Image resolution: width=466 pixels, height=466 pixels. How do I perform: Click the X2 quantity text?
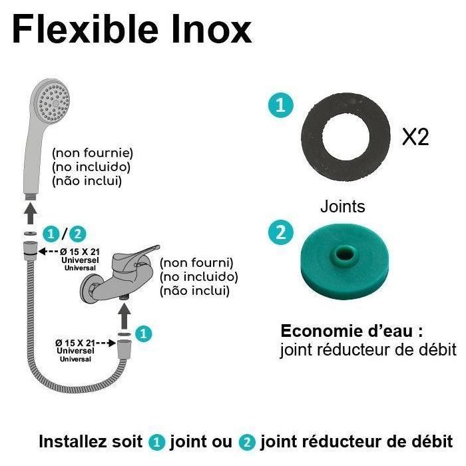point(415,137)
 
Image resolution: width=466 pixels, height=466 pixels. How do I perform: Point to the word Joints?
point(342,206)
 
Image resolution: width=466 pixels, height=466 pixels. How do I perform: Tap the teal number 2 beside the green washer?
point(280,232)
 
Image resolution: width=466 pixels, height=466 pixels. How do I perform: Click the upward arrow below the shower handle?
point(29,213)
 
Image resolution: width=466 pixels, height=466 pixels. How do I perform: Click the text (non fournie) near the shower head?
point(93,152)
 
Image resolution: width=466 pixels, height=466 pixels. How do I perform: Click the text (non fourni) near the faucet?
point(196,262)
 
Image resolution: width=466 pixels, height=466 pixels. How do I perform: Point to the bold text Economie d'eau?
point(351,331)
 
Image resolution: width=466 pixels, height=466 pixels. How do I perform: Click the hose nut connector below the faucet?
point(123,349)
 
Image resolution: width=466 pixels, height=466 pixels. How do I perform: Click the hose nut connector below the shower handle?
point(29,250)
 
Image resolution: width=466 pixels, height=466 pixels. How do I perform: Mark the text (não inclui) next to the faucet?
point(194,290)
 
